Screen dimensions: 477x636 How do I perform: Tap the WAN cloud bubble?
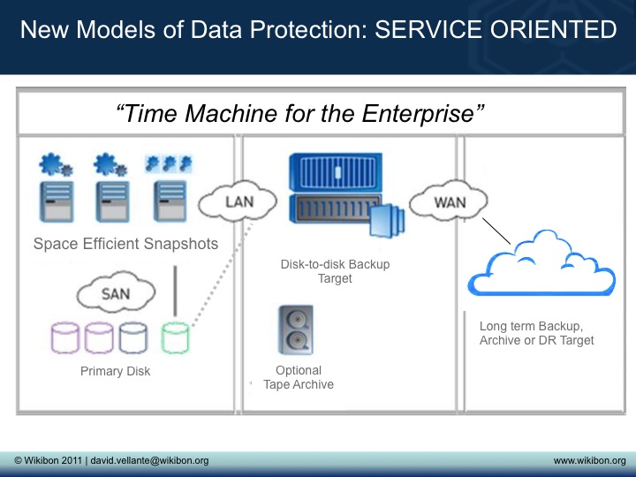(449, 202)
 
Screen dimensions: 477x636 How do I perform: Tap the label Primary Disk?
(115, 372)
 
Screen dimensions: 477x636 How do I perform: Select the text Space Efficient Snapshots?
(125, 245)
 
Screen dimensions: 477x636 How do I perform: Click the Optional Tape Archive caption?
(299, 377)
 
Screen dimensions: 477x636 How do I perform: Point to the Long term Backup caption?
(536, 333)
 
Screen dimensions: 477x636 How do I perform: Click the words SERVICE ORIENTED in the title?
(496, 30)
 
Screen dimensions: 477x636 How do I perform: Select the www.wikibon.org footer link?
(589, 461)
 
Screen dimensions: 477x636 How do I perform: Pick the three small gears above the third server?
(168, 163)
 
